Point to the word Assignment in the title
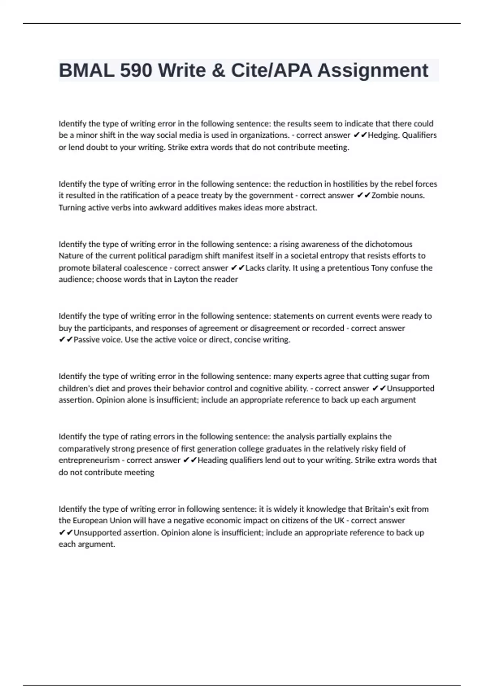[373, 71]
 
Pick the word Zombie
[384, 196]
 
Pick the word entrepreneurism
[89, 460]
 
